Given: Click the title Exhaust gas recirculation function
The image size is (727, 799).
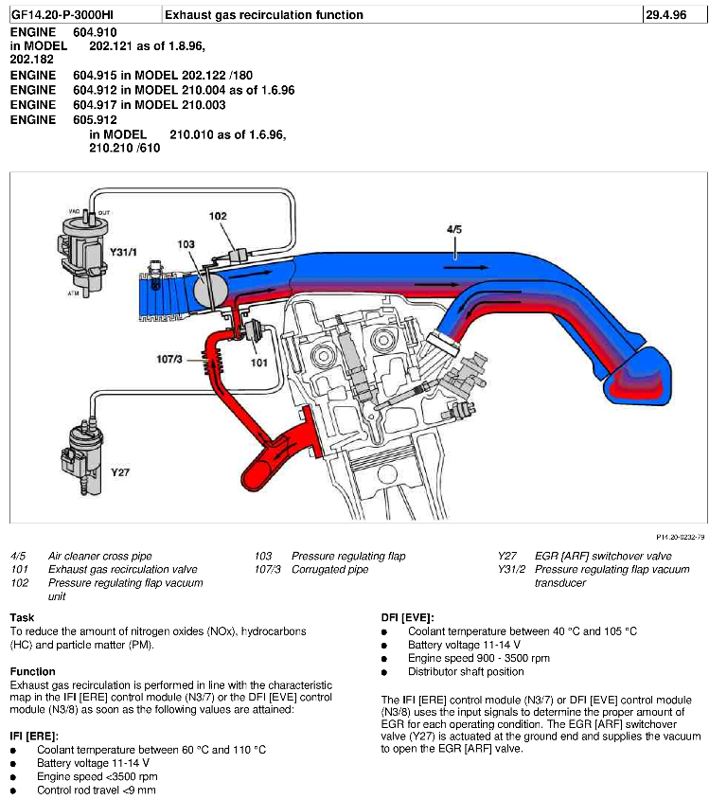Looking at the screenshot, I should click(x=264, y=15).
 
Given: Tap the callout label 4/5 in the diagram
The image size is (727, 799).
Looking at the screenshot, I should click(x=454, y=229).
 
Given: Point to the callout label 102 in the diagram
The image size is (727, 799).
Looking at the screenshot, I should click(x=218, y=216).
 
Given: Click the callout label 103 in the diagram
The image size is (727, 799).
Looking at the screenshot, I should click(x=186, y=243).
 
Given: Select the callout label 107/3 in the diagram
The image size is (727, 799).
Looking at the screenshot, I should click(x=174, y=358).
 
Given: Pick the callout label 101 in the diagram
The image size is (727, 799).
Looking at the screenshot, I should click(x=258, y=361).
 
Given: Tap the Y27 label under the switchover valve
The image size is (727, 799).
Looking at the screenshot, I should click(x=119, y=471).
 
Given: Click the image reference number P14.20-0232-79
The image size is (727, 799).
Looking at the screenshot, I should click(x=680, y=537).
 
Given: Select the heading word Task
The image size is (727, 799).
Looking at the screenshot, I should click(x=22, y=616).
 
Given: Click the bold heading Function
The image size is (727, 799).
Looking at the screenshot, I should click(x=32, y=671).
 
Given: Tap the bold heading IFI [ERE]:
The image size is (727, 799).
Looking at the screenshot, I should click(x=34, y=735).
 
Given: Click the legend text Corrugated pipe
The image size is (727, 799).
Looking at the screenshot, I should click(x=329, y=570).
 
